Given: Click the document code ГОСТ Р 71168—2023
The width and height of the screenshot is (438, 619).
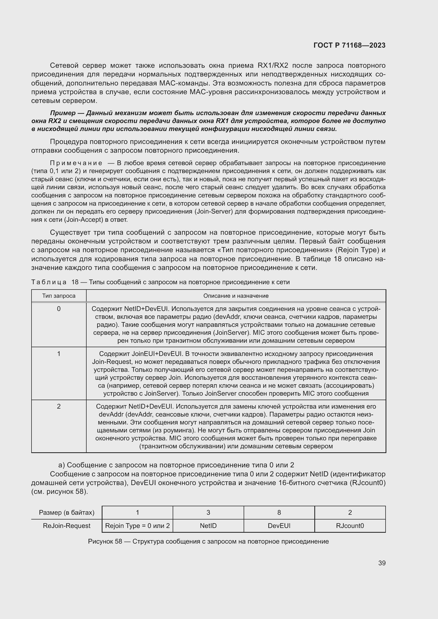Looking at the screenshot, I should [349, 45].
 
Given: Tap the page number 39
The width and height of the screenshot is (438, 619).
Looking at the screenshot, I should [382, 563].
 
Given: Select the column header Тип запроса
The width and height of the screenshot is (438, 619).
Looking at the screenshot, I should [59, 296].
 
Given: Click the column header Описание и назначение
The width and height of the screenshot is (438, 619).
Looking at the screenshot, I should [236, 296].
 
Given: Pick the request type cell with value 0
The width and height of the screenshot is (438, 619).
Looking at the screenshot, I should [59, 309].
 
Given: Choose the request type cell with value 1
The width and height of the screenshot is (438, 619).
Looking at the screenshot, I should [59, 354].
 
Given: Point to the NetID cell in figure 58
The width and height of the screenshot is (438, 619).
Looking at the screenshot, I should [208, 526].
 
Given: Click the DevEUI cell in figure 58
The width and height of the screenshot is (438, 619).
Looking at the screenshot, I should [279, 526].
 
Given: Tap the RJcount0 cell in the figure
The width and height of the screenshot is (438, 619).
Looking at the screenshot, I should [350, 526].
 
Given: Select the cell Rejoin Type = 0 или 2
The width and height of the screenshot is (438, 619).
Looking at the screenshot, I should [137, 526].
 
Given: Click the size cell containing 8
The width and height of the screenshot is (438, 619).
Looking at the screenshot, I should [279, 512].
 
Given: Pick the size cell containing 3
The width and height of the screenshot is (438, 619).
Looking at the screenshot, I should [208, 512].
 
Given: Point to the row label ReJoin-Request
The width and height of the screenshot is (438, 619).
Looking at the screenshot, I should [67, 526].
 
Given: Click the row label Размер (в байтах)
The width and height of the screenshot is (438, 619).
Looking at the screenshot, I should [67, 513].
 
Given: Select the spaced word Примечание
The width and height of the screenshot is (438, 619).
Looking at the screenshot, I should [76, 163].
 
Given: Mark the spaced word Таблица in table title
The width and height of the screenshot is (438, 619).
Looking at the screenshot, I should [49, 282].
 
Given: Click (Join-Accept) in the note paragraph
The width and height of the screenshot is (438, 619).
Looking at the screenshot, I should [84, 220].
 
